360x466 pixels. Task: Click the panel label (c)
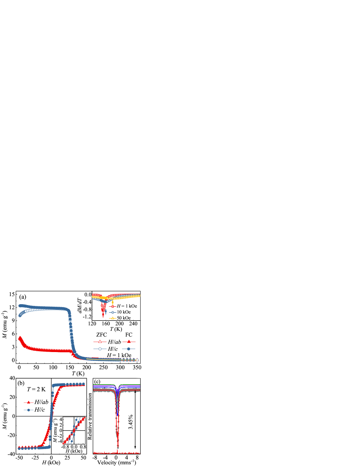click(97, 381)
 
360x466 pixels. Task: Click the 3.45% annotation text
click(131, 422)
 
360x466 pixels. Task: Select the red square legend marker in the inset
click(113, 306)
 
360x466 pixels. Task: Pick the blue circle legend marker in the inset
click(113, 312)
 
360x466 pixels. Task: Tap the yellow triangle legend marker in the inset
click(113, 318)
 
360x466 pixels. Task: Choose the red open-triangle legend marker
click(100, 341)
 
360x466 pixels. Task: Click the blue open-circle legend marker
click(100, 349)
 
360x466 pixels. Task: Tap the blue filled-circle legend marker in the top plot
click(129, 349)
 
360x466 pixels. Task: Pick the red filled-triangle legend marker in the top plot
click(129, 341)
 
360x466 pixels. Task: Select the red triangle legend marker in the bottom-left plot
click(28, 402)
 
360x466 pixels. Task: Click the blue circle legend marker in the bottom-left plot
click(28, 410)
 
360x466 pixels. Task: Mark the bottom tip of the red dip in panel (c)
click(117, 447)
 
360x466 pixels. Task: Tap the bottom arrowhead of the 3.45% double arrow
click(135, 447)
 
